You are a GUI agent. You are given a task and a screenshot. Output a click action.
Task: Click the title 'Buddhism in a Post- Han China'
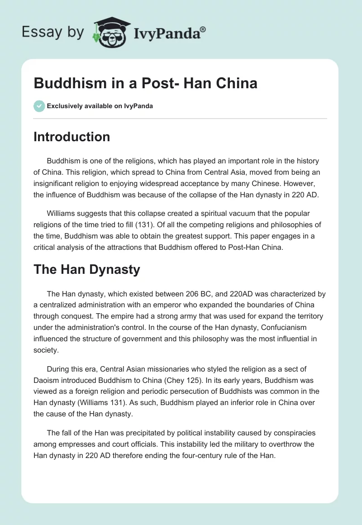145,83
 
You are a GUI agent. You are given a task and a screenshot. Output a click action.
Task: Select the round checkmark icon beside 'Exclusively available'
39,106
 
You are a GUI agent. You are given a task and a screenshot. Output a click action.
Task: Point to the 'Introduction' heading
71,137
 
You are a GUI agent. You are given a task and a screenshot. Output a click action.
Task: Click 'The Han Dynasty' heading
86,270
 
